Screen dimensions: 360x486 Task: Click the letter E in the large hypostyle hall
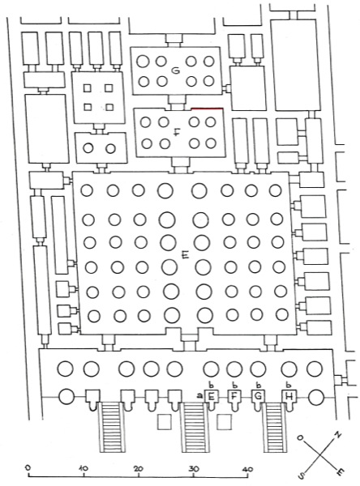(x=186, y=255)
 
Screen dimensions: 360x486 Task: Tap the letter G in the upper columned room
(x=176, y=71)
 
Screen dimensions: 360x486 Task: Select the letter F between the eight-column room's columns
(x=177, y=133)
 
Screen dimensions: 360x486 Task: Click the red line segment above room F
(x=208, y=109)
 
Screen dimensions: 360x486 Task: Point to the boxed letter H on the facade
(x=289, y=396)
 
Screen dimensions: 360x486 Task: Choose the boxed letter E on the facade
(x=211, y=396)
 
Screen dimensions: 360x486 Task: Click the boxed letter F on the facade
(x=234, y=396)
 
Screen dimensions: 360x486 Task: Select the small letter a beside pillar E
(x=199, y=395)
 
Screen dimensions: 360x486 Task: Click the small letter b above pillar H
(x=289, y=386)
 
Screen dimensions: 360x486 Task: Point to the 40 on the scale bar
(x=247, y=469)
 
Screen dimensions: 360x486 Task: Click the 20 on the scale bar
(x=138, y=468)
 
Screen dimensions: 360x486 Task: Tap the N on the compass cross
(x=337, y=435)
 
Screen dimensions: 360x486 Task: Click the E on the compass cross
(x=341, y=471)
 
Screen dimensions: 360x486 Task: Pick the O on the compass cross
(x=300, y=437)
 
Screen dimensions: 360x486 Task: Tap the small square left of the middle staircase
(x=164, y=422)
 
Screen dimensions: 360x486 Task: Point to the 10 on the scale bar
(x=84, y=467)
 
